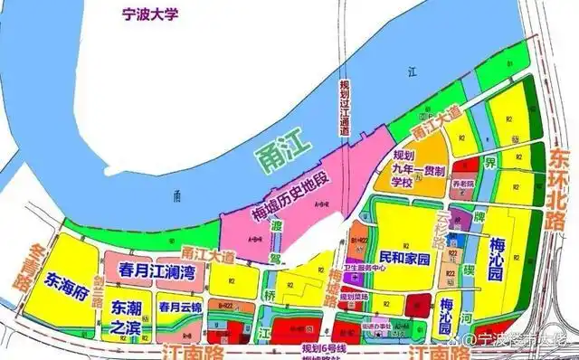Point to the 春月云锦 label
(178, 308)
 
